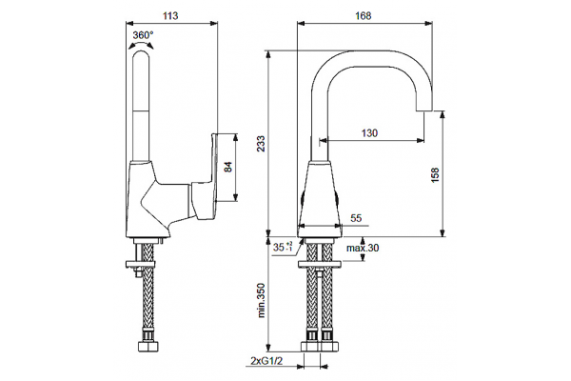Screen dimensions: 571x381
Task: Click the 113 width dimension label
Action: click(x=170, y=15)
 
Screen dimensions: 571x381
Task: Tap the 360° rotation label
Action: click(x=143, y=35)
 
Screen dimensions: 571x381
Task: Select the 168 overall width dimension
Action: click(x=364, y=15)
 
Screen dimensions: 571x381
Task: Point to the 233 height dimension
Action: click(x=261, y=144)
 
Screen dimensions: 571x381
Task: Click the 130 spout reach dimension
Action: click(x=369, y=133)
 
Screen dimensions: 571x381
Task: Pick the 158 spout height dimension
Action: click(x=435, y=175)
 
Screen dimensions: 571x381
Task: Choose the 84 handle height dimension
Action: click(x=227, y=168)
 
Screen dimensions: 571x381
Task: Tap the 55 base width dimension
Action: click(x=356, y=218)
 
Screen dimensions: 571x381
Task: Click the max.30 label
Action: click(x=363, y=248)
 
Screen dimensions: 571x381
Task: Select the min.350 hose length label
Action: click(x=261, y=300)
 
